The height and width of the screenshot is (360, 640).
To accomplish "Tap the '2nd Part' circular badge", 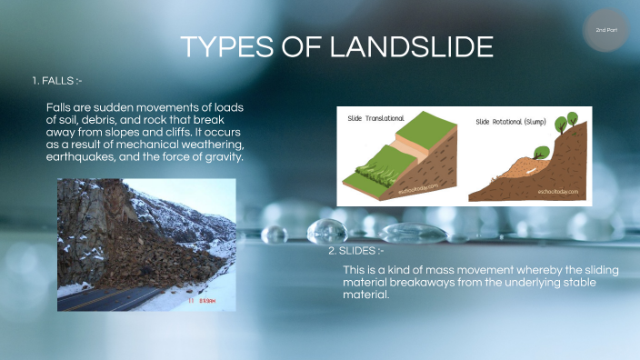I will click(x=605, y=30).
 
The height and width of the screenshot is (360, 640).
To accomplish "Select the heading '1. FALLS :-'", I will click(x=56, y=82).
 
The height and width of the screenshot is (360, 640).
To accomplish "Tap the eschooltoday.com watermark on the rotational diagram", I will click(x=557, y=193).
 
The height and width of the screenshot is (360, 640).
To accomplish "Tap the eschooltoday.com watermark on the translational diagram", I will click(x=420, y=188).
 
